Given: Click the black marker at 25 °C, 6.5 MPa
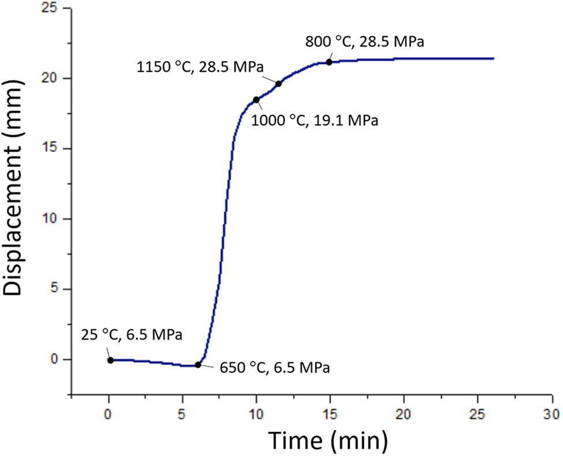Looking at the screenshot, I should pos(110,360).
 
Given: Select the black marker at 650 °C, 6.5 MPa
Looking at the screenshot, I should pos(198,365).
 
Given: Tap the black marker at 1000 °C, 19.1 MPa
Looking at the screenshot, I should pos(256,100).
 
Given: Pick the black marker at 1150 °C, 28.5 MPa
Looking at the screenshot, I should pos(278,84).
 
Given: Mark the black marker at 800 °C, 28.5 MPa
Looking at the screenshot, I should pos(329,62).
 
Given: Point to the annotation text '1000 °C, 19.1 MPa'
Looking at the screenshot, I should pos(315,121).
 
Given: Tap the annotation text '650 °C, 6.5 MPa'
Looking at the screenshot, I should pos(274,368).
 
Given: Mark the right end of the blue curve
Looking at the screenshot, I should pos(494,58).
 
